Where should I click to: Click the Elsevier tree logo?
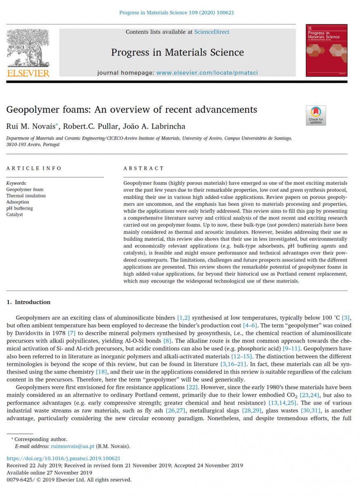28,49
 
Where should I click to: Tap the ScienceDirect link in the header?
212,32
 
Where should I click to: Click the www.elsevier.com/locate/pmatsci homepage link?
207,73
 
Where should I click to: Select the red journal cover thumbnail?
321,50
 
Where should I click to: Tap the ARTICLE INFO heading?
34,168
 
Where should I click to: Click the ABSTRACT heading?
143,168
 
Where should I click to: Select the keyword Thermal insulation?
26,196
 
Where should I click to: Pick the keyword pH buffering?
19,208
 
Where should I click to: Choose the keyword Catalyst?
14,215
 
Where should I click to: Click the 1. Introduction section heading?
29,302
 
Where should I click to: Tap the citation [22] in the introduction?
191,387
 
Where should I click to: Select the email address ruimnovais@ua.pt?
73,446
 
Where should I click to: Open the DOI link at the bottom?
64,458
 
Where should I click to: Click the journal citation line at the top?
176,12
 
